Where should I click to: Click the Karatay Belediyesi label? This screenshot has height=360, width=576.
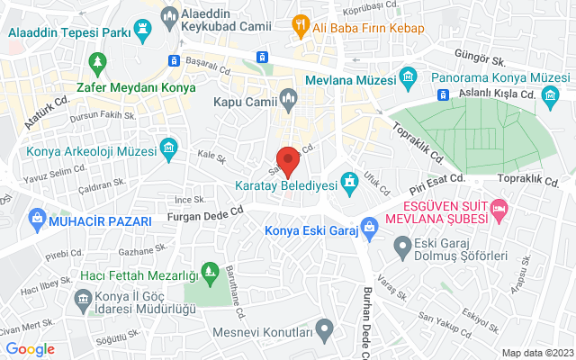pyautogui.click(x=285, y=186)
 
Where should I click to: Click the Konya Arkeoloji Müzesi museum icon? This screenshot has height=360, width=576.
pyautogui.click(x=167, y=148)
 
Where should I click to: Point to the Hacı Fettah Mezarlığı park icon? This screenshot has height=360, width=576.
pyautogui.click(x=210, y=270)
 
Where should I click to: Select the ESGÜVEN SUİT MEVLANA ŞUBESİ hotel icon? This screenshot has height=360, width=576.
pyautogui.click(x=499, y=210)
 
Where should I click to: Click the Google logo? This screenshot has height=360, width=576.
pyautogui.click(x=30, y=349)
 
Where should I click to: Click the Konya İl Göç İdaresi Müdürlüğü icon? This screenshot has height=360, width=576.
pyautogui.click(x=84, y=297)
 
